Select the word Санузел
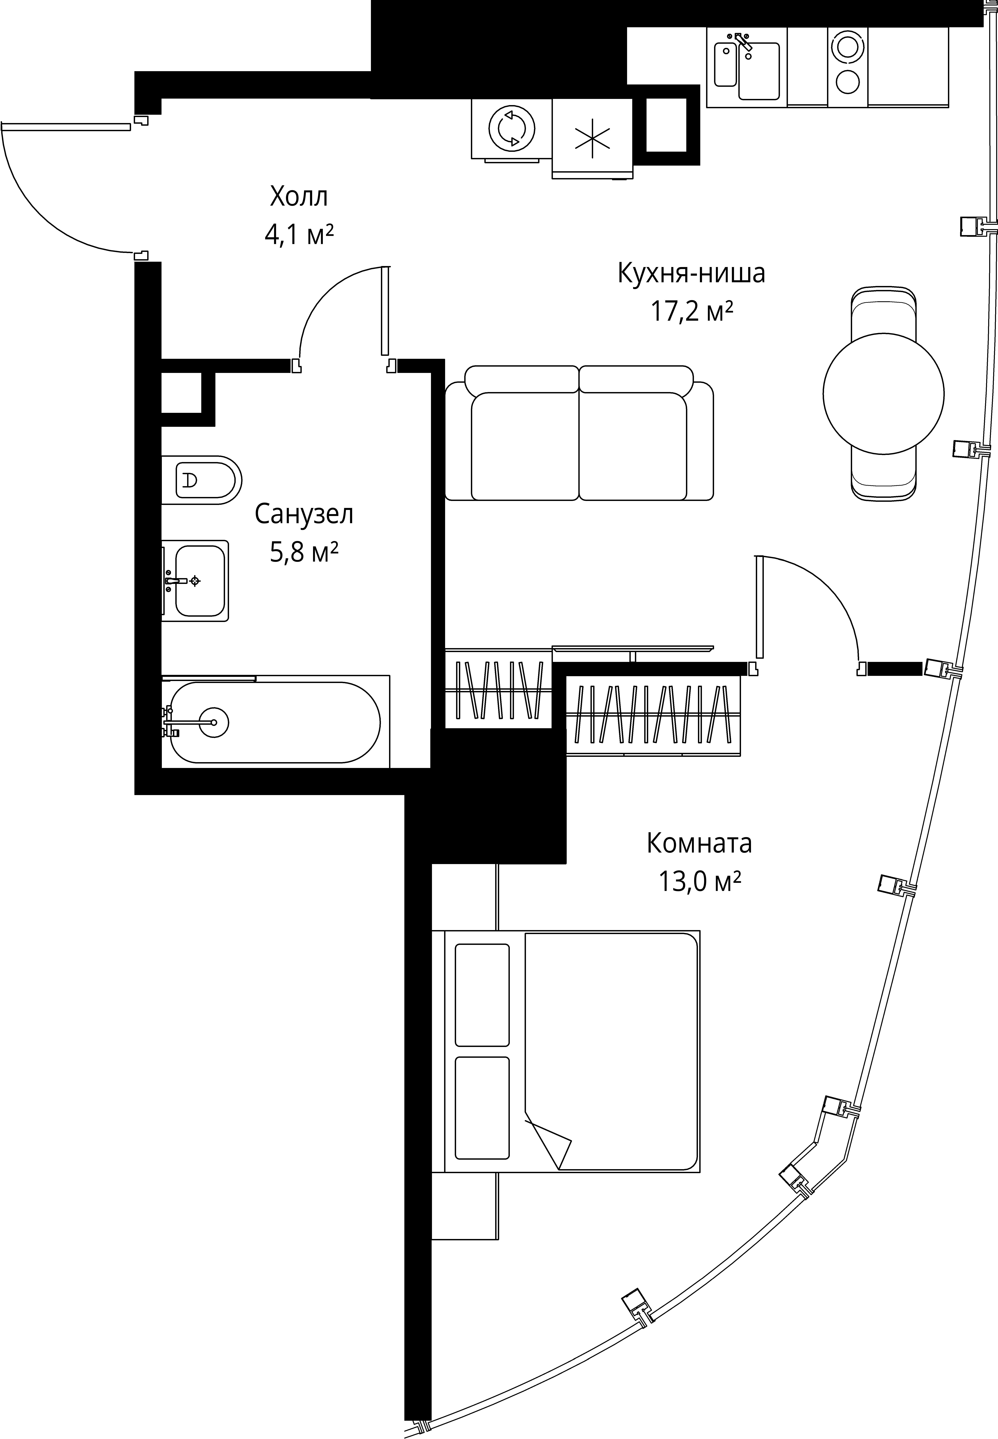(304, 514)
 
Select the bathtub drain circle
(214, 723)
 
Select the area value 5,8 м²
(304, 553)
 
